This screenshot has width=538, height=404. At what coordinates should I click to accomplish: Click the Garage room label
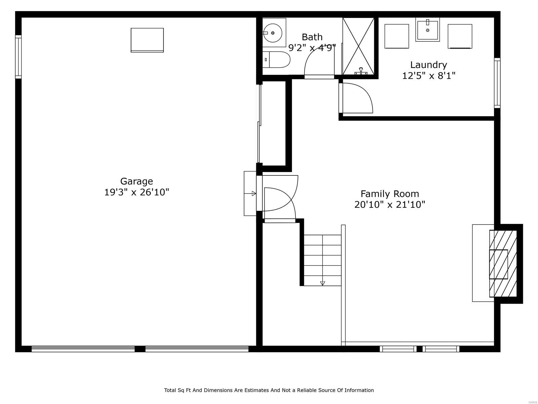(x=137, y=181)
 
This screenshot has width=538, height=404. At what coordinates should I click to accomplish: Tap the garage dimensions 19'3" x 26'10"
(x=137, y=193)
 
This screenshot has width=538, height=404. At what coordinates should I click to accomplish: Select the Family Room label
(x=390, y=194)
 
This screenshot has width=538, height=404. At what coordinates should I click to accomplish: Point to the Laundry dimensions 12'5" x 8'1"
(x=429, y=76)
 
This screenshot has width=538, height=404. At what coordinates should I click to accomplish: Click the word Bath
(x=312, y=37)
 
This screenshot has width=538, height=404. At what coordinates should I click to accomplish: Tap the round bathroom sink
(x=273, y=33)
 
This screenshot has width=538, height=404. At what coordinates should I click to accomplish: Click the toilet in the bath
(x=277, y=60)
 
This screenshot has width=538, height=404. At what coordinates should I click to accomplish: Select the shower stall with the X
(x=358, y=46)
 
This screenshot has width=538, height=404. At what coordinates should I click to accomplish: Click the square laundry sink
(x=428, y=30)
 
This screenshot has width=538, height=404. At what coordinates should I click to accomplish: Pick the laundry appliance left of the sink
(x=397, y=36)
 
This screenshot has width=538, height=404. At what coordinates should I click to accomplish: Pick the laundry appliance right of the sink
(x=460, y=36)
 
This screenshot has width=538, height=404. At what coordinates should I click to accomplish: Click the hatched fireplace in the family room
(x=503, y=264)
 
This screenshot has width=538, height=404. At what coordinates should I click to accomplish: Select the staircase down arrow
(x=322, y=283)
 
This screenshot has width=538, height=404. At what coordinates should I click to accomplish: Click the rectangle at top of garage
(x=147, y=40)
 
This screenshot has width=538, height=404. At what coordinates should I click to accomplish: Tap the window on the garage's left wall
(x=18, y=57)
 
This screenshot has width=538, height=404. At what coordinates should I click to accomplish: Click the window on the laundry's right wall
(x=497, y=83)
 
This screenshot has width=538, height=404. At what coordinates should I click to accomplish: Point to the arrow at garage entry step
(x=254, y=194)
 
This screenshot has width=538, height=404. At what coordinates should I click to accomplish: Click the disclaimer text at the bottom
(x=269, y=390)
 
